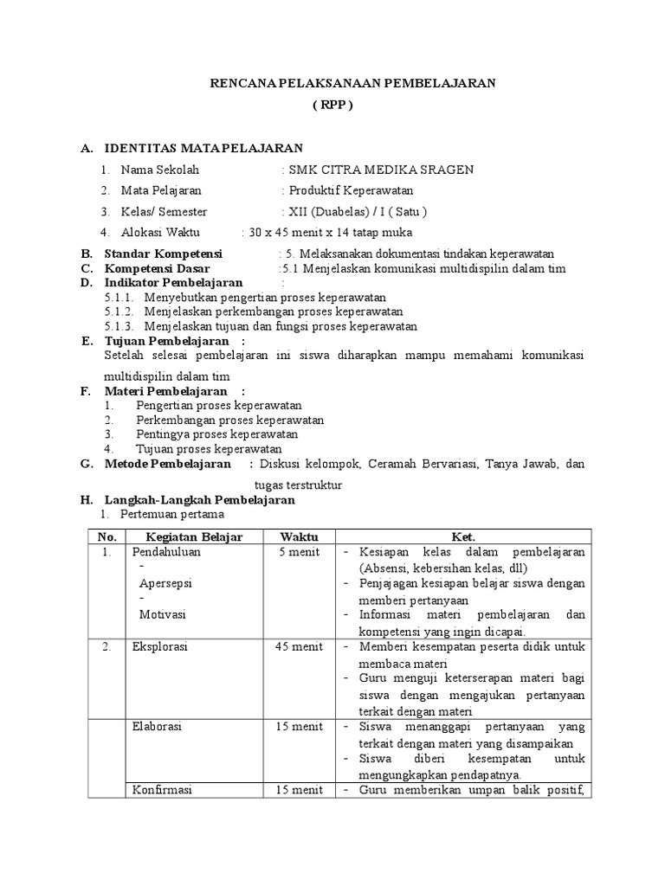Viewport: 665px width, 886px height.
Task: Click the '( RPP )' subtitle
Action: (333, 105)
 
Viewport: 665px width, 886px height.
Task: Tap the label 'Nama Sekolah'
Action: (160, 170)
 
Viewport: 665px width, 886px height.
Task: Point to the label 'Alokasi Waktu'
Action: (160, 232)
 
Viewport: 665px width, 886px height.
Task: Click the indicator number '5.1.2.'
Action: (119, 311)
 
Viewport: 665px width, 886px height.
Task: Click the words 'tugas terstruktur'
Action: (299, 485)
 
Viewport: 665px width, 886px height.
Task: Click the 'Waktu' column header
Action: (299, 536)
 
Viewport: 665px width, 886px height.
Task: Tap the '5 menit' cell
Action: (299, 552)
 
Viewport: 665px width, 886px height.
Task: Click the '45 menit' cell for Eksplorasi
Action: (299, 647)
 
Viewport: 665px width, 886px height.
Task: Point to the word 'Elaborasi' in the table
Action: (157, 727)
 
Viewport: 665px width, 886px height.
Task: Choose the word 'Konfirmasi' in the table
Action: (162, 790)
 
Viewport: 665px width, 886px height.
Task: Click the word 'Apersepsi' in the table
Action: (165, 583)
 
